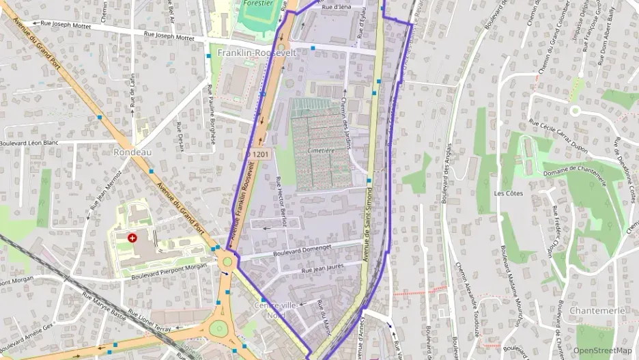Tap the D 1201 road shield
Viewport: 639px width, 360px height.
pyautogui.click(x=259, y=154)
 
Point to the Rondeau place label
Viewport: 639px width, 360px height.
pyautogui.click(x=132, y=152)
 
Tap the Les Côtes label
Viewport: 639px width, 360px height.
pyautogui.click(x=508, y=193)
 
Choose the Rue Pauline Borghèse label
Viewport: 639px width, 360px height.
pyautogui.click(x=211, y=113)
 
